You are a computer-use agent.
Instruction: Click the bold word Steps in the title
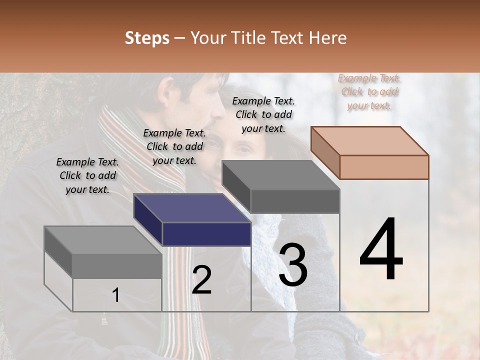tap(147, 38)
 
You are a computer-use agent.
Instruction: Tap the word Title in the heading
tap(246, 38)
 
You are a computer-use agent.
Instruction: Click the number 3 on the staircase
tap(293, 265)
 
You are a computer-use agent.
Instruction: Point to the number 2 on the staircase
tap(201, 280)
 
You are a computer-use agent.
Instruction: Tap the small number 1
tap(115, 295)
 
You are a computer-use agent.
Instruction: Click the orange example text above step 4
tap(369, 92)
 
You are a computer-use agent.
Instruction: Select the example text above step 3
tap(263, 114)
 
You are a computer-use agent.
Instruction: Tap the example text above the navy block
tap(174, 147)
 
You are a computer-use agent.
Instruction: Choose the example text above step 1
tap(88, 175)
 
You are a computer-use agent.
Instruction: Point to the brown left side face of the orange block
tap(325, 152)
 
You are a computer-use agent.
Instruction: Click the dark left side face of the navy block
tap(147, 218)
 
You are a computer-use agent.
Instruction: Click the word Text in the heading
tap(288, 38)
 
